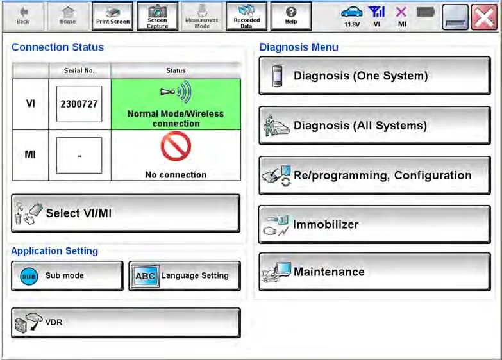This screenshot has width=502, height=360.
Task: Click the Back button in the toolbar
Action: [x=22, y=16]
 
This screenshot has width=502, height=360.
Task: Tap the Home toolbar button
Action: [x=68, y=16]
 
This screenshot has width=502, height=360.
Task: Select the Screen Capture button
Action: [x=157, y=16]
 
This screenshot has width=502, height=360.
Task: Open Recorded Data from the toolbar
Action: [x=247, y=16]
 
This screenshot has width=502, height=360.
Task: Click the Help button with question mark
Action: [x=291, y=16]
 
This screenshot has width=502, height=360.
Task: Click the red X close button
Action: [x=484, y=18]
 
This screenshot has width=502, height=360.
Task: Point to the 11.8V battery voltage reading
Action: [x=352, y=24]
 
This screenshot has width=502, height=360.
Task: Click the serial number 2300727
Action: [x=79, y=104]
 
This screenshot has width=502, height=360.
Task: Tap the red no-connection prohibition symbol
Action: [x=176, y=146]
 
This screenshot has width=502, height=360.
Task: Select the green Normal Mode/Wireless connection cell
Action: [x=176, y=104]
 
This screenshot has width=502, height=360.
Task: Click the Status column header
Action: [x=176, y=70]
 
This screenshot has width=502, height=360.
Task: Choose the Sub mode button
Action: [x=67, y=276]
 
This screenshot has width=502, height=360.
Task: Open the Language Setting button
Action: [x=185, y=276]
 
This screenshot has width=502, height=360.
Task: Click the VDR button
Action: [x=126, y=323]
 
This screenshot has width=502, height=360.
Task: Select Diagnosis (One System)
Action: [x=374, y=76]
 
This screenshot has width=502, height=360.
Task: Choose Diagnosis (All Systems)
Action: [x=374, y=126]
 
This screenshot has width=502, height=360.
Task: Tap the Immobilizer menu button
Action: [x=374, y=224]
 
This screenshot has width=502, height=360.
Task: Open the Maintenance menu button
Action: [x=374, y=272]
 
